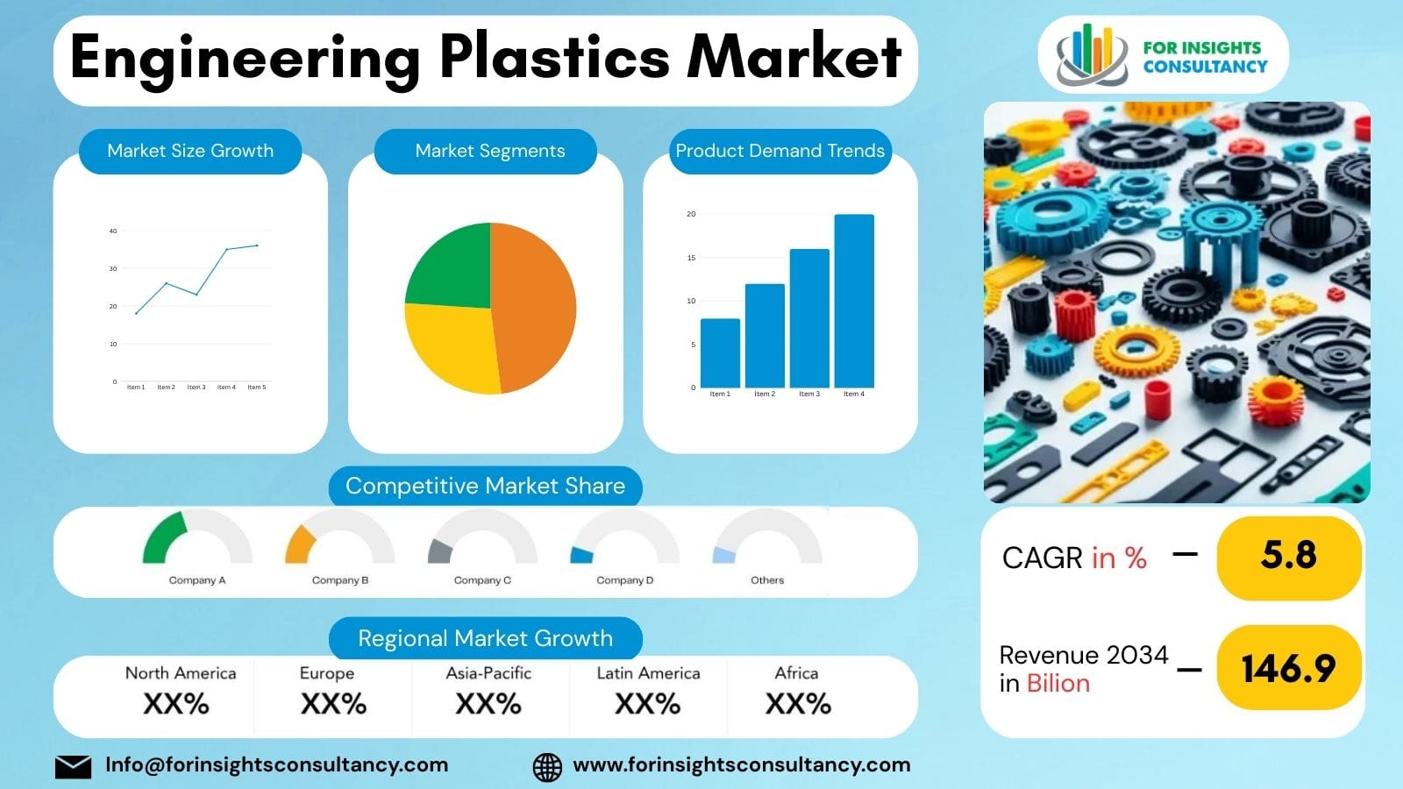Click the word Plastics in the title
(x=554, y=58)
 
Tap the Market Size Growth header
(x=190, y=151)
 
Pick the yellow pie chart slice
(x=451, y=345)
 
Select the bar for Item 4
(x=853, y=300)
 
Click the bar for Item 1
(x=720, y=352)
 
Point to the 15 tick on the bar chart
(x=691, y=258)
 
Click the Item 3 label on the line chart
(x=196, y=387)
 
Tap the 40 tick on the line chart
(x=113, y=231)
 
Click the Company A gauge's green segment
(x=163, y=537)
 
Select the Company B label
(x=340, y=580)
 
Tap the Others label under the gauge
(x=767, y=580)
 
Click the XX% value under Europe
(x=333, y=704)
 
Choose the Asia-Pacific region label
(x=488, y=673)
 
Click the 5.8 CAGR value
(x=1288, y=556)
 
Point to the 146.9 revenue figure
(x=1288, y=669)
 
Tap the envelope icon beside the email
(x=73, y=767)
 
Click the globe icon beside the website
(x=547, y=767)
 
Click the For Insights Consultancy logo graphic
(x=1091, y=54)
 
